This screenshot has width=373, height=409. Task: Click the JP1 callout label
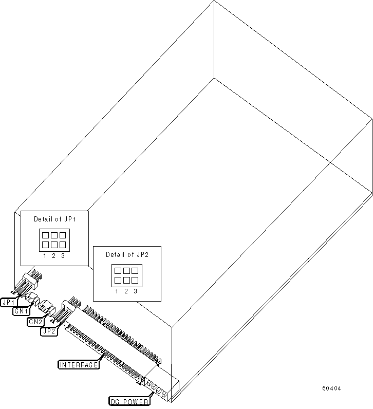(x=9, y=302)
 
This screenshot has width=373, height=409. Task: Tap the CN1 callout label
(x=22, y=311)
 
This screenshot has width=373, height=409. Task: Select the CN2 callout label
(x=35, y=322)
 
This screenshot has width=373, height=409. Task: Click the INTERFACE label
(x=78, y=365)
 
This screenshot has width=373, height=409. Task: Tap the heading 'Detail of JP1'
(x=54, y=219)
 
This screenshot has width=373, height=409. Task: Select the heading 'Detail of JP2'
(x=126, y=254)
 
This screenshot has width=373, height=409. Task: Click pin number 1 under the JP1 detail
(x=45, y=256)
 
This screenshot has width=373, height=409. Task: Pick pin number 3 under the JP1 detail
(x=63, y=256)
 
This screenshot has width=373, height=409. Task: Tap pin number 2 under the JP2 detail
(x=126, y=291)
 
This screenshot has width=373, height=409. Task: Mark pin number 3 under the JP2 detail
(x=135, y=291)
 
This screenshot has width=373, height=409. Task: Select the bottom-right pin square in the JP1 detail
(x=63, y=245)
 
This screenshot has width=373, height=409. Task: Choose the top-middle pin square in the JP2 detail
(x=126, y=270)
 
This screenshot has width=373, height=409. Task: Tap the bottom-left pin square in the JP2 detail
(x=117, y=280)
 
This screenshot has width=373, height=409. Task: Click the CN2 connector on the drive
(x=46, y=307)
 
